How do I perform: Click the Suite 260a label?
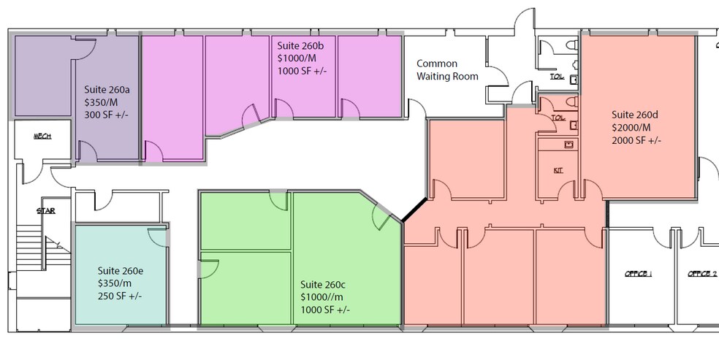(x=107, y=90)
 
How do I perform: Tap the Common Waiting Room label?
(x=447, y=70)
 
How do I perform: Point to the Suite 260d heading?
(x=635, y=114)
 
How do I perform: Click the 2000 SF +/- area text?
(x=636, y=140)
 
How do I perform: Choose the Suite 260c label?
(x=324, y=284)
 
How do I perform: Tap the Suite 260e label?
(x=121, y=270)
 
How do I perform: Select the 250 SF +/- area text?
(x=120, y=296)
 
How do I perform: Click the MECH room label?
(x=42, y=137)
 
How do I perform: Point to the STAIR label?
(x=46, y=211)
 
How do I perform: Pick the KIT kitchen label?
(x=558, y=169)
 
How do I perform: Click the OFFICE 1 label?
(x=638, y=274)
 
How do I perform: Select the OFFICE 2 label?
(x=702, y=274)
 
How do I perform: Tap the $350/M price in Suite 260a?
(x=104, y=103)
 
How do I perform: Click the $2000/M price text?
(x=633, y=127)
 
